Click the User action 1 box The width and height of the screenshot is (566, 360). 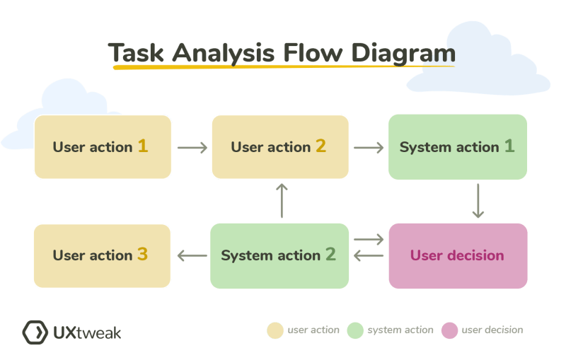[103, 146]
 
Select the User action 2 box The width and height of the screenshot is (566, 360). [280, 146]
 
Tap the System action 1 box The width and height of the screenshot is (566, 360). [458, 146]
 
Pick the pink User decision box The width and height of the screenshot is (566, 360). [458, 255]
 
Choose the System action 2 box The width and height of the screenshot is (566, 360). [280, 255]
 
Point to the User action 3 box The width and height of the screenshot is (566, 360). [103, 255]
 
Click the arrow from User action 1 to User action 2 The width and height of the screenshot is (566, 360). [192, 148]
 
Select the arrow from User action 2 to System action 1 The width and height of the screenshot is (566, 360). [369, 148]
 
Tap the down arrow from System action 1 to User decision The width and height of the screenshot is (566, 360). [478, 201]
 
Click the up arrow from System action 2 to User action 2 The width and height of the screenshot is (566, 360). [282, 201]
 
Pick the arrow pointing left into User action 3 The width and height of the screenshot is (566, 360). [191, 256]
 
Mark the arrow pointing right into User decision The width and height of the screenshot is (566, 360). [369, 241]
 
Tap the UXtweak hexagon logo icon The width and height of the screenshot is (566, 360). [35, 332]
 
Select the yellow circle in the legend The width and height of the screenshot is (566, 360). [275, 330]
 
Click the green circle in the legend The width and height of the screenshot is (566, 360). [355, 330]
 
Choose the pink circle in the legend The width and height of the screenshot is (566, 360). [449, 330]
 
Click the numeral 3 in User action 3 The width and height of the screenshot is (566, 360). [142, 254]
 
